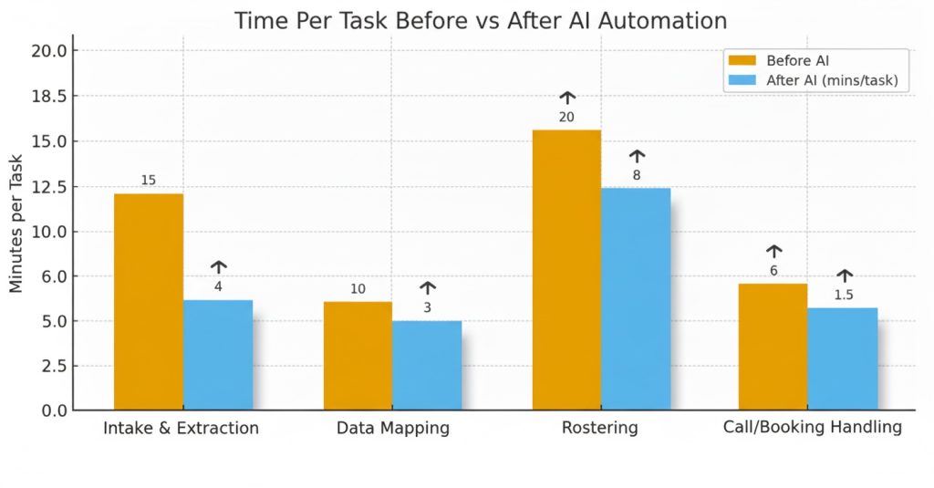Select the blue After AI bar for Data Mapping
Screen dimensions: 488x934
pos(427,365)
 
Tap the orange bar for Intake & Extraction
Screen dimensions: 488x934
pos(148,301)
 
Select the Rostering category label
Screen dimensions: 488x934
pos(601,428)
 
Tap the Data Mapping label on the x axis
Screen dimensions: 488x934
pos(392,428)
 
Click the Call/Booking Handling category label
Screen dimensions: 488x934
pos(812,427)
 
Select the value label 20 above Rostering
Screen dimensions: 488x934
pos(567,117)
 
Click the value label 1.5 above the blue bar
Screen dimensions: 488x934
pos(844,295)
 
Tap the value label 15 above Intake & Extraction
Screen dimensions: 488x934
pos(148,180)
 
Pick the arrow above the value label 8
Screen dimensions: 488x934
pos(637,156)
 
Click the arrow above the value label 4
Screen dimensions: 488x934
pos(219,266)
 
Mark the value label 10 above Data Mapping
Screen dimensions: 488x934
pos(358,289)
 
